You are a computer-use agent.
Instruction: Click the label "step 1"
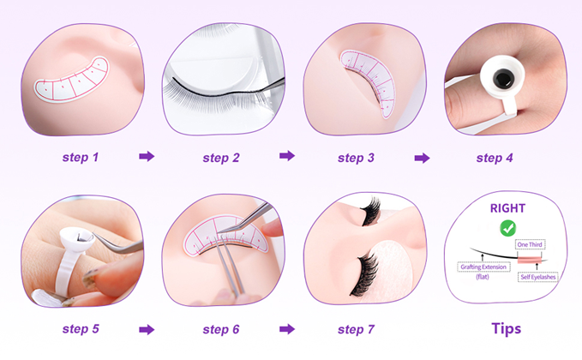pos(81,158)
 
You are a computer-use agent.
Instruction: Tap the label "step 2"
pos(221,158)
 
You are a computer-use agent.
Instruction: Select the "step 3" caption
pos(356,158)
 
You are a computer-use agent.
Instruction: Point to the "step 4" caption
pos(495,158)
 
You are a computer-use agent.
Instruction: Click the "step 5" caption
pos(81,329)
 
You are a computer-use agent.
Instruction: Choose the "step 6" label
pos(221,329)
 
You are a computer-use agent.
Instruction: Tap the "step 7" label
pos(356,329)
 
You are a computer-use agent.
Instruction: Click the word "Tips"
pos(507,329)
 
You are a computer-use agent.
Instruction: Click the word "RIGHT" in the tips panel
pos(507,208)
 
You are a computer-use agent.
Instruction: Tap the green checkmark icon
pos(507,228)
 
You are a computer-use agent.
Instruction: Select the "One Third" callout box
pos(530,244)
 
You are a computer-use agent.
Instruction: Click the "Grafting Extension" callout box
pos(483,267)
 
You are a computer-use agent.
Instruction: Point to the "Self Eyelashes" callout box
pos(537,277)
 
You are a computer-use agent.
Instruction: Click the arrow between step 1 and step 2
pos(147,156)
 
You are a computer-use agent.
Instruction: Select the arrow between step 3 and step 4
pos(422,158)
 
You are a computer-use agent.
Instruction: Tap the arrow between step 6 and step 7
pos(287,329)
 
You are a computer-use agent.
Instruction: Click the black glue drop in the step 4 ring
pos(503,78)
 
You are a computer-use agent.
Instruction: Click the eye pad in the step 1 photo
pos(72,80)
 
